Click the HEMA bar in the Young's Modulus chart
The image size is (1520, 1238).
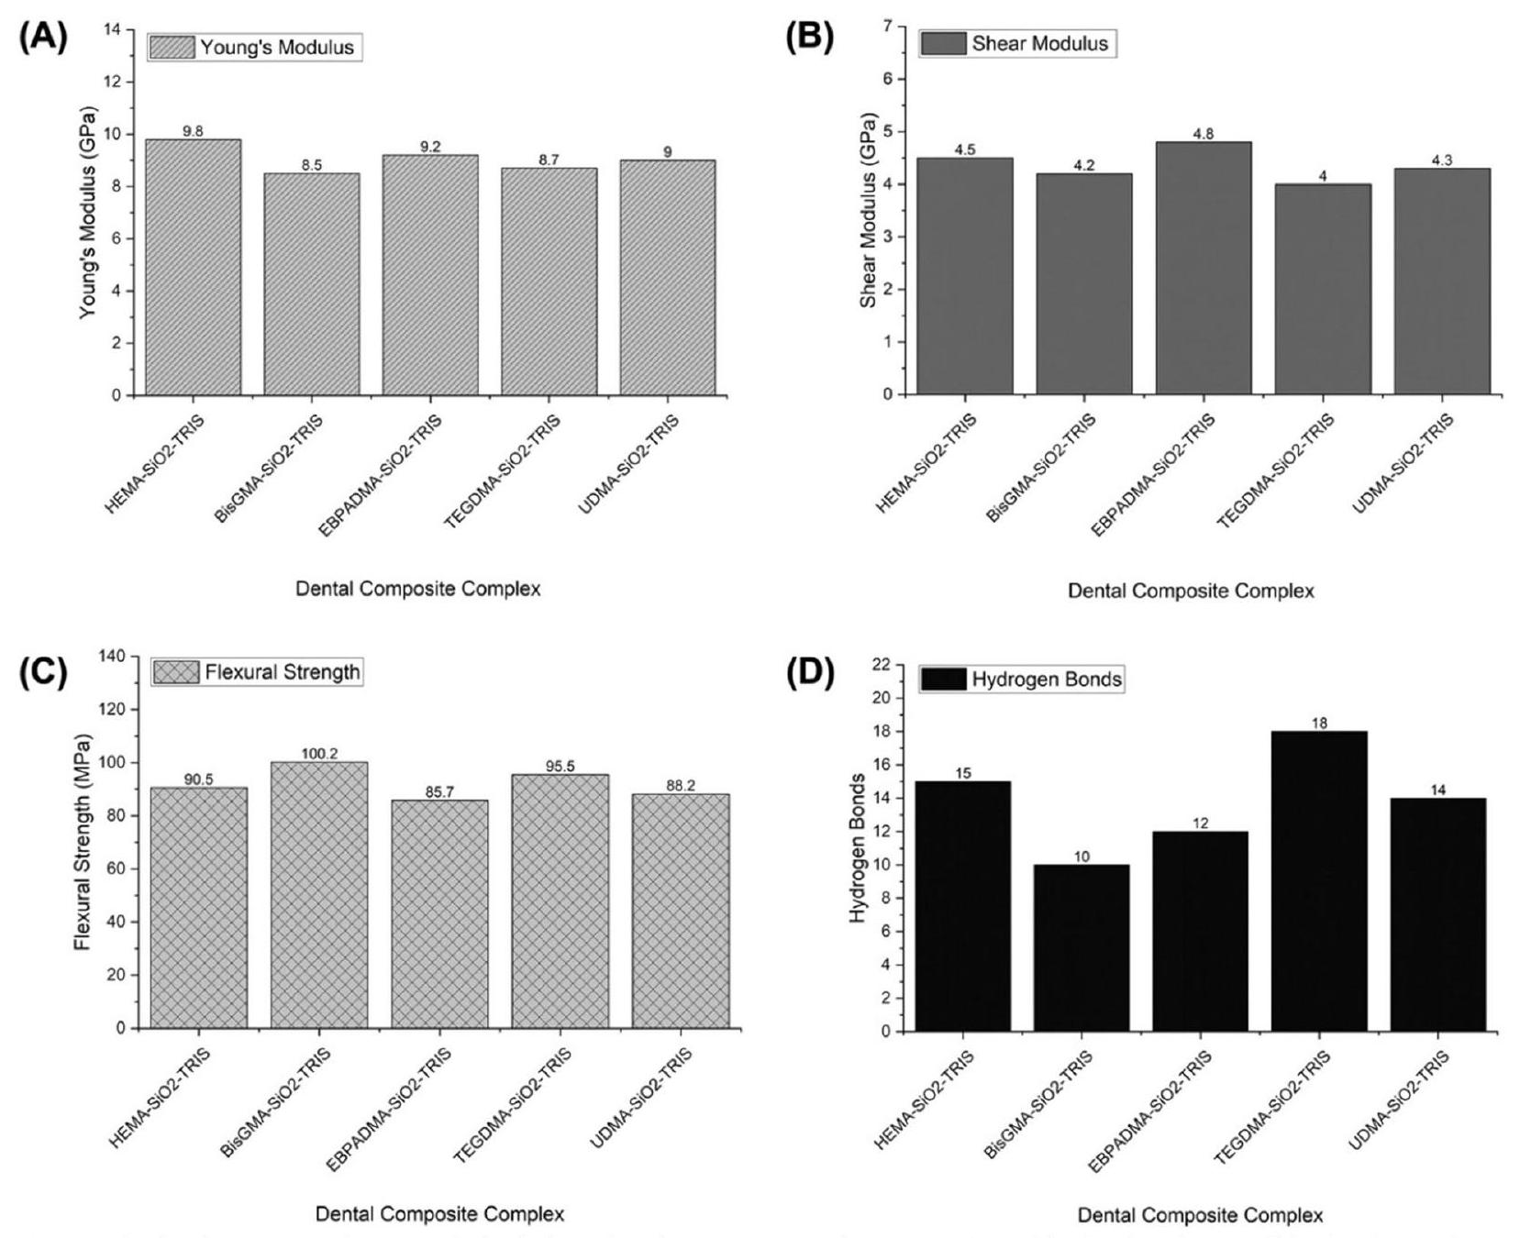(x=193, y=267)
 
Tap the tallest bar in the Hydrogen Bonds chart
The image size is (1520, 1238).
(x=1319, y=880)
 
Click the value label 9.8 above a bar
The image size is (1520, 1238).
(x=193, y=131)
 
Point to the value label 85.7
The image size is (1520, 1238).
(x=439, y=792)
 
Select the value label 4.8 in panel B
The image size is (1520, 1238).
(x=1204, y=134)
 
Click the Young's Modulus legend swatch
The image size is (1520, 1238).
(x=172, y=48)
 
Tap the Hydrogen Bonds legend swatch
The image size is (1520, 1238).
(x=944, y=680)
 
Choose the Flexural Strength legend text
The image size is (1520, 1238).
(x=283, y=672)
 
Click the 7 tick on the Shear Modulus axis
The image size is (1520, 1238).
(x=886, y=27)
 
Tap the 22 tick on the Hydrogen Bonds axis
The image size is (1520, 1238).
(x=882, y=665)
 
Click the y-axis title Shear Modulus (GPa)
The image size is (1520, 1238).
(x=868, y=210)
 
